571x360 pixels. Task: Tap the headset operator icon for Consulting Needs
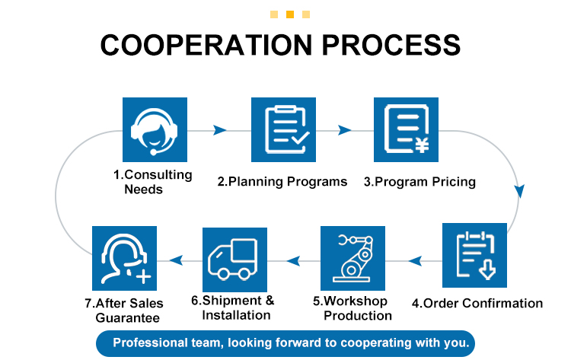155,129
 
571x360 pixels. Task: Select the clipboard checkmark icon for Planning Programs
283,129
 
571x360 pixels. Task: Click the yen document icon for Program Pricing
405,129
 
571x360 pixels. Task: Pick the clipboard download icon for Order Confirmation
474,255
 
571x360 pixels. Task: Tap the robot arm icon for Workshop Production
352,259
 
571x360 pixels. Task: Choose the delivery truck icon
234,259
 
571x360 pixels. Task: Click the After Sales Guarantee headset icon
124,258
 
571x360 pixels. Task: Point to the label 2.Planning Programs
282,182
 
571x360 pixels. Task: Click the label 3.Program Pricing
419,182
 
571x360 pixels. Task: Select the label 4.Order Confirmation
477,303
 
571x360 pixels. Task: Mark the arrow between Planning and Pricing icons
345,130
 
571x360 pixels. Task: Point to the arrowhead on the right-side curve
520,191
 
